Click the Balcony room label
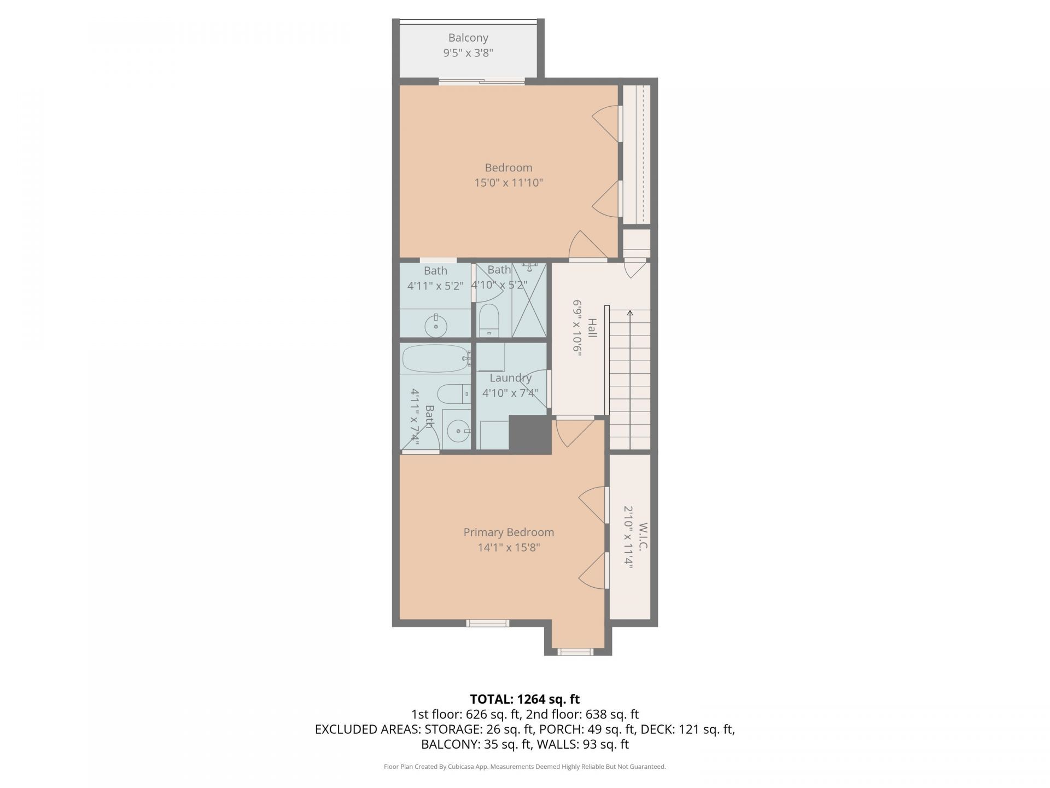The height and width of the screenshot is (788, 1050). [x=468, y=38]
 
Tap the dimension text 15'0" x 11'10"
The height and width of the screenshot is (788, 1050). [x=509, y=183]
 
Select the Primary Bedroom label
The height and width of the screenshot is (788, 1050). [x=509, y=532]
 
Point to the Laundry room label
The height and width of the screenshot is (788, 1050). [x=510, y=378]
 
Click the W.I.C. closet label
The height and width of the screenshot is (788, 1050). [x=643, y=537]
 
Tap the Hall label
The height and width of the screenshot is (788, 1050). [x=592, y=328]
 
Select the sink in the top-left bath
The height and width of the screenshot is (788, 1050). [x=436, y=326]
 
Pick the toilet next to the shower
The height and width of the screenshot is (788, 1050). [x=489, y=321]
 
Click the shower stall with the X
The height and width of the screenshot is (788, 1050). [x=529, y=300]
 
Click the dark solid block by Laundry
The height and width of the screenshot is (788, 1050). [x=529, y=434]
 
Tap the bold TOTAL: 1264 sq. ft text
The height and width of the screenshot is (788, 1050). [x=525, y=699]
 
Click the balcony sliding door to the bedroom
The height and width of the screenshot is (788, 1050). [x=482, y=82]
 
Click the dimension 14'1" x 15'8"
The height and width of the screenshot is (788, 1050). [x=509, y=548]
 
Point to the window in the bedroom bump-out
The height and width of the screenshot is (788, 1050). [x=575, y=652]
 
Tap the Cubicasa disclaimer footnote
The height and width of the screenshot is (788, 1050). [x=525, y=767]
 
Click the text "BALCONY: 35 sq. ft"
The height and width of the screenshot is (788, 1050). [x=477, y=744]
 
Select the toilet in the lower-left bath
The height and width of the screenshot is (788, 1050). [x=454, y=392]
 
